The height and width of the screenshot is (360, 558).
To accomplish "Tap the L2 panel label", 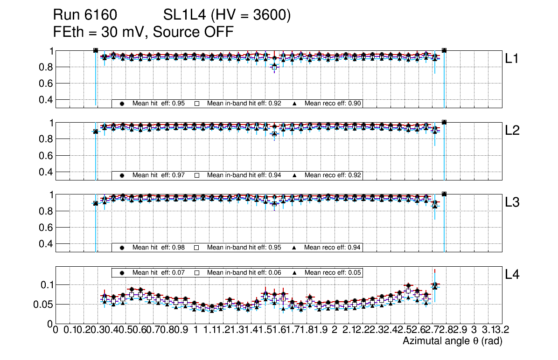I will [x=513, y=131].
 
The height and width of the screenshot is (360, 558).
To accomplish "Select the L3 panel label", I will [x=513, y=202].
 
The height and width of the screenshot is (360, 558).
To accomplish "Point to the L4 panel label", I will [x=513, y=274].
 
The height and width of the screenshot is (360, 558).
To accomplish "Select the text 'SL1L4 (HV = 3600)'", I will [x=227, y=15].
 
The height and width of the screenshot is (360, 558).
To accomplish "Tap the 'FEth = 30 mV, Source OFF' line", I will [x=143, y=32].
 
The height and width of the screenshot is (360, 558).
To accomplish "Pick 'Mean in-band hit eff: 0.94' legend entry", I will [x=244, y=175].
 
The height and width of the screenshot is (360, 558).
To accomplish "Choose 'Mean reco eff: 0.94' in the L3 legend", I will [x=333, y=247].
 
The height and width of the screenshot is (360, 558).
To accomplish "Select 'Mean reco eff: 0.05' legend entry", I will [x=333, y=272].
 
